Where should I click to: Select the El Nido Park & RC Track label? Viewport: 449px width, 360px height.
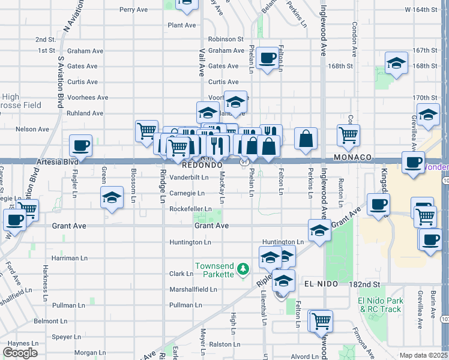(379, 305)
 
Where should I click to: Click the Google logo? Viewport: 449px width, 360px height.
(20, 353)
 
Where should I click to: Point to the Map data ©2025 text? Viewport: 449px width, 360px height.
(423, 355)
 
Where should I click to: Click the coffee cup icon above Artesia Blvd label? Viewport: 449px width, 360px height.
(80, 145)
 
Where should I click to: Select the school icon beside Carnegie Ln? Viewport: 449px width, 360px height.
(112, 197)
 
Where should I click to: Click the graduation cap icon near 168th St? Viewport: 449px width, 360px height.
(396, 62)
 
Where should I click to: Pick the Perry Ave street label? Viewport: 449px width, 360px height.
(133, 10)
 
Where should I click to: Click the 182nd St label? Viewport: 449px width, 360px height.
(367, 283)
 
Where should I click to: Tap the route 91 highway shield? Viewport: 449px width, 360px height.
(245, 162)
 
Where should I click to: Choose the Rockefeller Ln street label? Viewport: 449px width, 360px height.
(190, 209)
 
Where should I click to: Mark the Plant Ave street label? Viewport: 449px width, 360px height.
(182, 25)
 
